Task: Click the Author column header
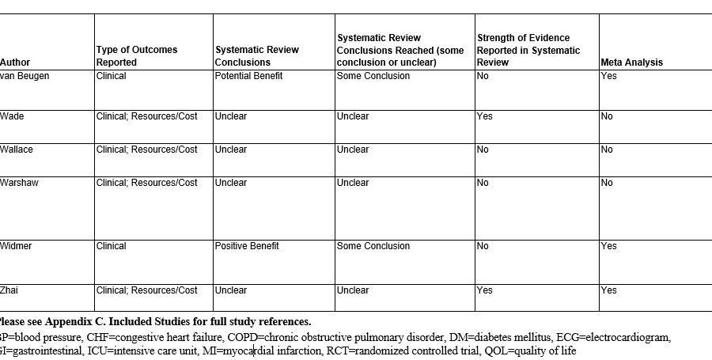pyautogui.click(x=15, y=62)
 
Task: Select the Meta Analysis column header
pyautogui.click(x=631, y=62)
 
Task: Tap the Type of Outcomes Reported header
pyautogui.click(x=136, y=55)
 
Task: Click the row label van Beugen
pyautogui.click(x=25, y=76)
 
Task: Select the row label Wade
pyautogui.click(x=12, y=116)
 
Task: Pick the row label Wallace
pyautogui.click(x=17, y=150)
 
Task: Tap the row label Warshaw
pyautogui.click(x=19, y=183)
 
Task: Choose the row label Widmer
pyautogui.click(x=17, y=246)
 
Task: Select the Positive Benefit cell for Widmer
pyautogui.click(x=247, y=246)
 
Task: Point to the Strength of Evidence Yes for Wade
pyautogui.click(x=484, y=116)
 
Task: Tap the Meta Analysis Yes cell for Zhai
pyautogui.click(x=608, y=290)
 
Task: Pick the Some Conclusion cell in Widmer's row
pyautogui.click(x=373, y=246)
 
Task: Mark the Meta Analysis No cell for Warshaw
pyautogui.click(x=607, y=183)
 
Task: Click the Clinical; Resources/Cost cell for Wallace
pyautogui.click(x=146, y=150)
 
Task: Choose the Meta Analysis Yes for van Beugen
pyautogui.click(x=608, y=76)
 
